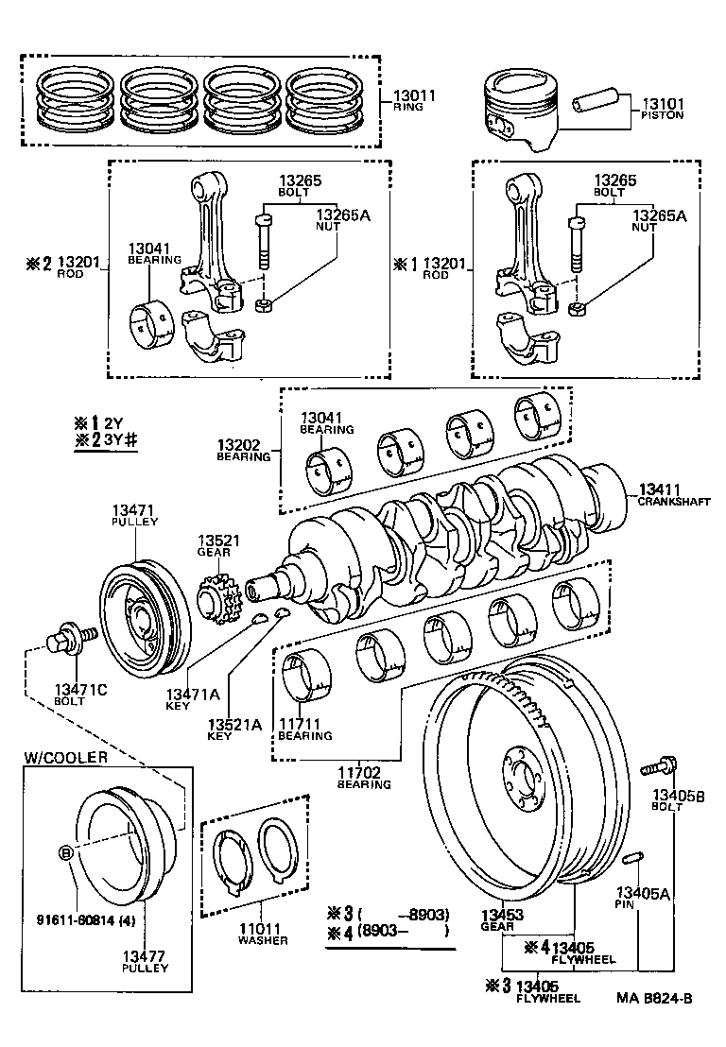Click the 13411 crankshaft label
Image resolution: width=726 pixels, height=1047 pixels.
[x=660, y=489]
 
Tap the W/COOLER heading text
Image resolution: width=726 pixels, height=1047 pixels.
[x=65, y=757]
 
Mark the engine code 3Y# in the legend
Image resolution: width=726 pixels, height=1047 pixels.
[x=121, y=441]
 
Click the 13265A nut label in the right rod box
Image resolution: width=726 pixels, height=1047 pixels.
[x=657, y=215]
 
